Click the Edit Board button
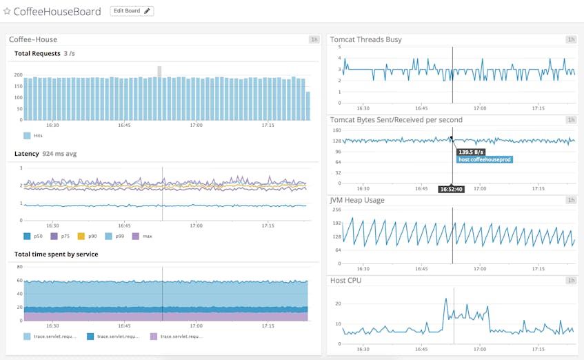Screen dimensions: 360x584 pyautogui.click(x=132, y=11)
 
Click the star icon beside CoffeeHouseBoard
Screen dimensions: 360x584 pyautogui.click(x=7, y=12)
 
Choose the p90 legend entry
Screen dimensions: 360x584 pyautogui.click(x=90, y=236)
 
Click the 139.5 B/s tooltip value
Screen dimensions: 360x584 pyautogui.click(x=472, y=152)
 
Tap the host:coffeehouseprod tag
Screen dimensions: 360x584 pyautogui.click(x=484, y=159)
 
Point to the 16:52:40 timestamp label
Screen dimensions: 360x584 pyautogui.click(x=452, y=189)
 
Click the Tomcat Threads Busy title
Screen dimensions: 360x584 pyautogui.click(x=365, y=39)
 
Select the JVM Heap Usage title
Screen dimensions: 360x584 pyautogui.click(x=357, y=200)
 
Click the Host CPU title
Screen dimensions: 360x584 pyautogui.click(x=345, y=281)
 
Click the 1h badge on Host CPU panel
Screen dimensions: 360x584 pyautogui.click(x=571, y=281)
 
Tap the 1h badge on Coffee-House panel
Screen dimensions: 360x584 pyautogui.click(x=314, y=39)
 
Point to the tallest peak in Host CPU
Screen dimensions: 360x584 pyautogui.click(x=445, y=299)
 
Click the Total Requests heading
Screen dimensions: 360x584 pyautogui.click(x=37, y=54)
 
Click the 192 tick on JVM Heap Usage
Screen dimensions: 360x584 pyautogui.click(x=337, y=223)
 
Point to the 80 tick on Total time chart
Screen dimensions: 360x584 pyautogui.click(x=19, y=266)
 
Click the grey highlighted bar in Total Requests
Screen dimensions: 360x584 pyautogui.click(x=159, y=71)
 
